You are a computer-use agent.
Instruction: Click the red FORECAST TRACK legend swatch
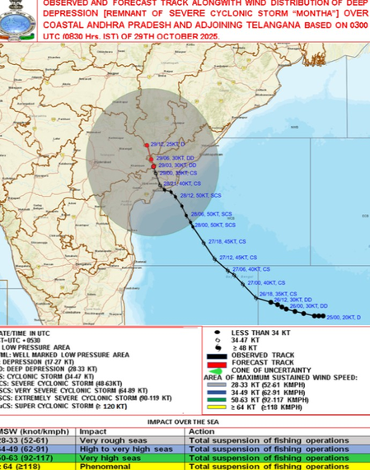(217, 362)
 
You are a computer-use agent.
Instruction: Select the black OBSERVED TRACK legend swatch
(217, 356)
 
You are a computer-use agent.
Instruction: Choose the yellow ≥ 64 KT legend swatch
(216, 406)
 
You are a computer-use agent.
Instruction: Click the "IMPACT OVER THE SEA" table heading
(185, 421)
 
